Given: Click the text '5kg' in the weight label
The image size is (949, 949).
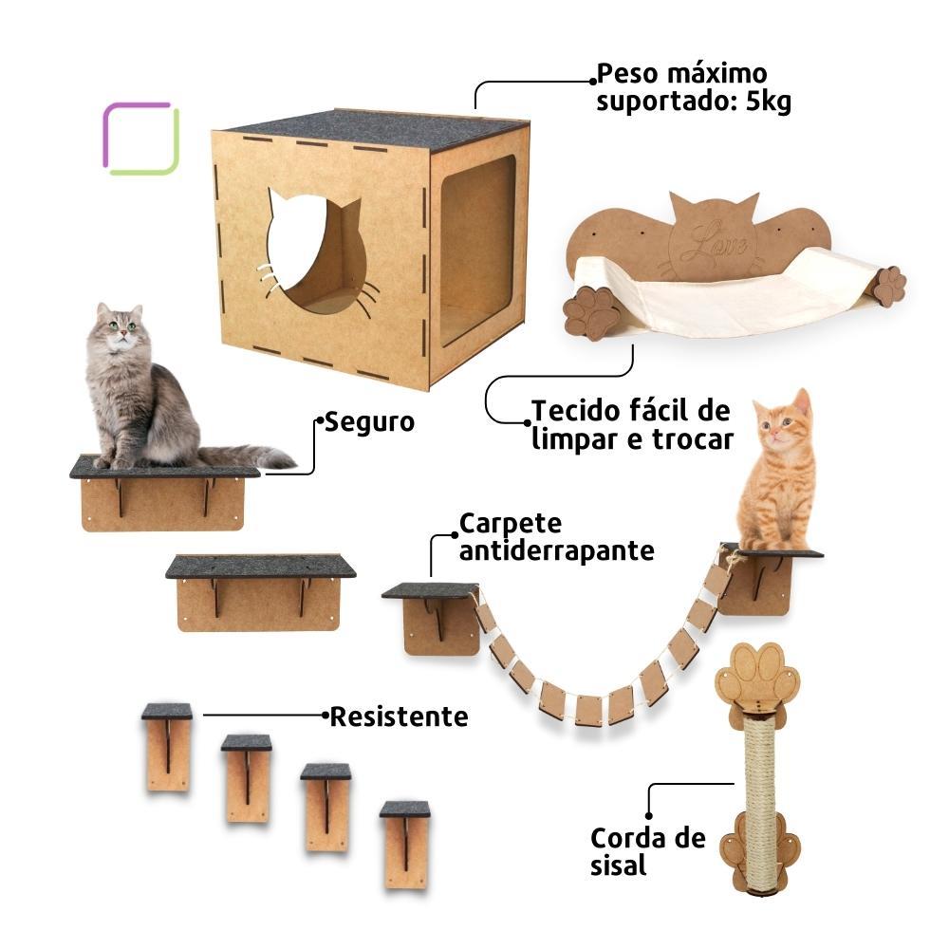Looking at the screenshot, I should click(x=768, y=101).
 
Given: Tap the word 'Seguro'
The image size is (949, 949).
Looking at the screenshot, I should click(x=369, y=421).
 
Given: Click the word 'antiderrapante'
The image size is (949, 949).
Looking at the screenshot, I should click(x=556, y=550).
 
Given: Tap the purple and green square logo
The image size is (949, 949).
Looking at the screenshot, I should click(x=140, y=139).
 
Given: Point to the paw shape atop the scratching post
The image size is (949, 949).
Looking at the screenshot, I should click(x=759, y=675).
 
